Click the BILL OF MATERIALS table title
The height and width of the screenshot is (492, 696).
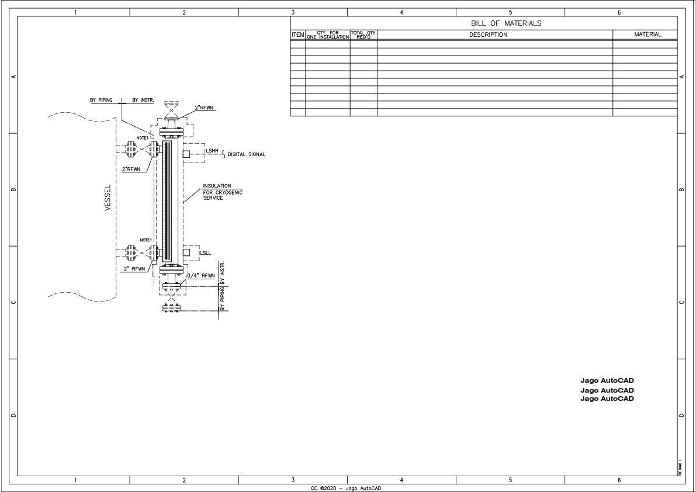pos(506,23)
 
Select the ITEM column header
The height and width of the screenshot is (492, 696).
pos(297,35)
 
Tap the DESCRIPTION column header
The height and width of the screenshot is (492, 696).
pos(488,35)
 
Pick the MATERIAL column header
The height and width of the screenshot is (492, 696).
pos(647,35)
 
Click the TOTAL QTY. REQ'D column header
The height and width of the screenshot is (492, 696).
pos(363,35)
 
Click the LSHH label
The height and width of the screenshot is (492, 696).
pos(212,151)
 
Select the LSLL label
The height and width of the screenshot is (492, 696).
pos(205,253)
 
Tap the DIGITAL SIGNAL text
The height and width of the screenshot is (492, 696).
pos(247,155)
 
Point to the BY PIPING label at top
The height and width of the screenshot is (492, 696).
pos(101,100)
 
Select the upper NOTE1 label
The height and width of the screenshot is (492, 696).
pos(143,138)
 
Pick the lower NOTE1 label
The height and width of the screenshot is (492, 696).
pos(146,240)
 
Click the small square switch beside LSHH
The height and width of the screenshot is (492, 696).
pos(186,154)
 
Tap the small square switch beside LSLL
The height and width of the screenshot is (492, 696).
pos(186,252)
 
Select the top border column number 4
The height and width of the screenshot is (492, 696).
pos(401,12)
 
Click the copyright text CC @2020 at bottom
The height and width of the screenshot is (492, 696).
pos(348,488)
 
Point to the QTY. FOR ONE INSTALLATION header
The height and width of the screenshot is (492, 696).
pos(327,35)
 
